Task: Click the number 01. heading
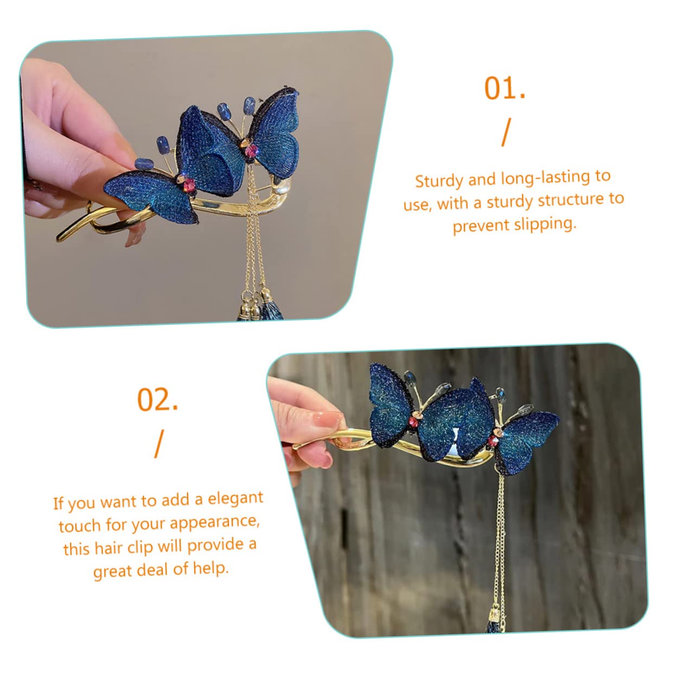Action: click(505, 88)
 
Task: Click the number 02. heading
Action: click(157, 400)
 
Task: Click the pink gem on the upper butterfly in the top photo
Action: click(251, 151)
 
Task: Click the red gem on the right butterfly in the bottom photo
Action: click(492, 442)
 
